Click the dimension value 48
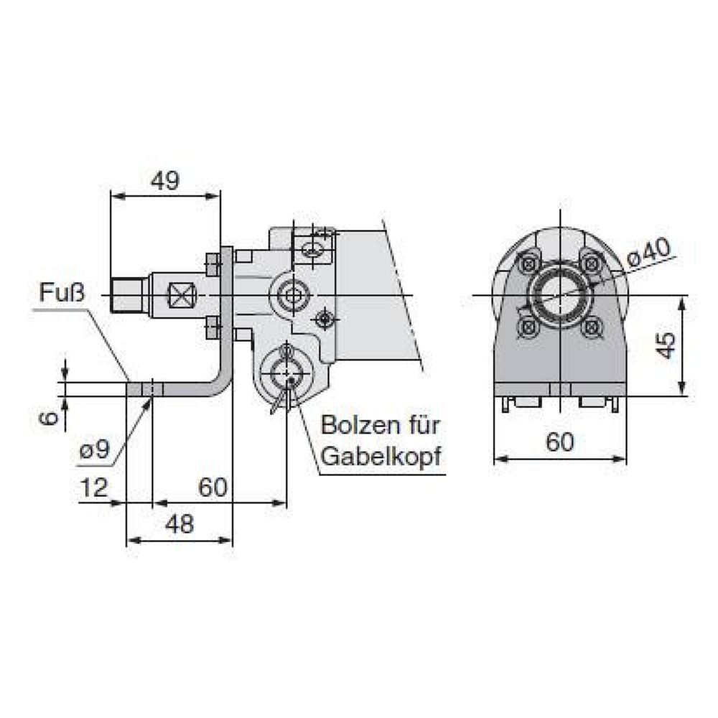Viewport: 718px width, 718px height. pyautogui.click(x=179, y=525)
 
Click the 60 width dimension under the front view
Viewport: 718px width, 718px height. pyautogui.click(x=560, y=442)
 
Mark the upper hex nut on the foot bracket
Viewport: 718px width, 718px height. pyautogui.click(x=213, y=265)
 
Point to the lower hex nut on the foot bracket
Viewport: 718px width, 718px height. pyautogui.click(x=213, y=328)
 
